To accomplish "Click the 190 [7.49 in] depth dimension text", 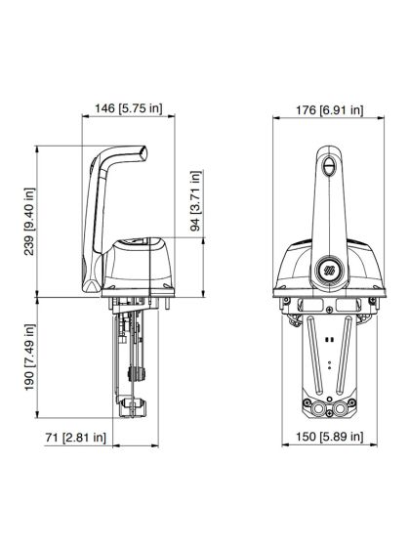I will [x=29, y=359].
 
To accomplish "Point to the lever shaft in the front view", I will [x=328, y=210].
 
